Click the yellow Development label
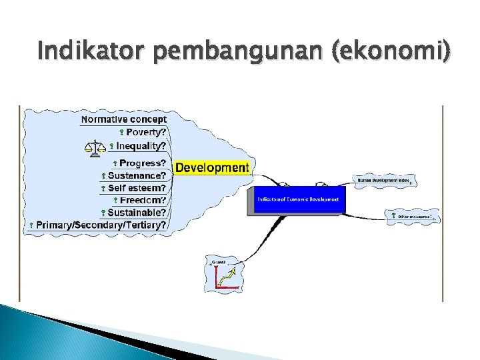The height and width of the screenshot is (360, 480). tap(211, 168)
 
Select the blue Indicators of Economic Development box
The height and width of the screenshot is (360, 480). tap(297, 199)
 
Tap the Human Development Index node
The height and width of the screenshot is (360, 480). tap(383, 180)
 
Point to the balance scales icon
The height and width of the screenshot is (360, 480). tap(95, 147)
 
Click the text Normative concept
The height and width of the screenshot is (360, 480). tap(123, 119)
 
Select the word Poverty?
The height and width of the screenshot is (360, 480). tap(146, 132)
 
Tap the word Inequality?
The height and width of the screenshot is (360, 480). tap(141, 146)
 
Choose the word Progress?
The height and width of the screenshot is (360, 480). tap(142, 163)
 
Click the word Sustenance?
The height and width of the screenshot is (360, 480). tap(137, 176)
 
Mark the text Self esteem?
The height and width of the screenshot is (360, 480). tap(137, 188)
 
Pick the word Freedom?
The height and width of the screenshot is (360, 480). tap(143, 200)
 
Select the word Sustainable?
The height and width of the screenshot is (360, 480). tap(137, 213)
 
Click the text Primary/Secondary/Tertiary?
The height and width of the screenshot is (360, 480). tap(101, 225)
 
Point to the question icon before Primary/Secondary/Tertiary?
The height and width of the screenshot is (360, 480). tap(31, 226)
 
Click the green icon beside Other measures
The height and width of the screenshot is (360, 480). tap(394, 216)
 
